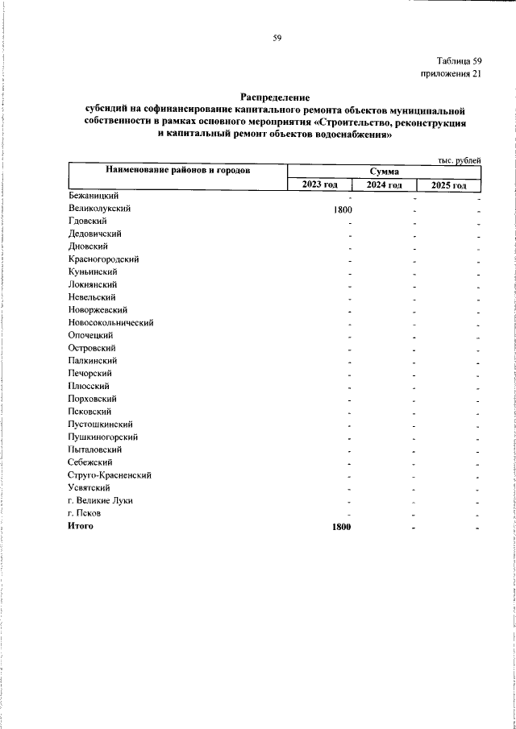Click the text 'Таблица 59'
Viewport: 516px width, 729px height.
[459, 61]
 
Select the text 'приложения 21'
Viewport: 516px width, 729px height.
[451, 74]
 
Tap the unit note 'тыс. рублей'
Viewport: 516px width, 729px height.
[460, 160]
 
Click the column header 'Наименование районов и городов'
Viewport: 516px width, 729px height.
[177, 171]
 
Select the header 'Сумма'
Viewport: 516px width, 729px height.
[385, 172]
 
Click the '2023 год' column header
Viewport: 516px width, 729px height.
[319, 184]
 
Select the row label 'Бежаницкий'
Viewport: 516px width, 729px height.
[94, 196]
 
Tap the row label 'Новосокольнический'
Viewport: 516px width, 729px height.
[111, 322]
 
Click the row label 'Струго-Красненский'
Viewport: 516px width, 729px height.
[110, 475]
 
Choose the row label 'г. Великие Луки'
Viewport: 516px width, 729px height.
[101, 500]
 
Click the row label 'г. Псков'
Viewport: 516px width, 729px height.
[85, 513]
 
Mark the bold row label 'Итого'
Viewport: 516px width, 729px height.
[81, 526]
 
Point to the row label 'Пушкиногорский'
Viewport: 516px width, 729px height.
[103, 437]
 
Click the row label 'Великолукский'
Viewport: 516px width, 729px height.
[100, 208]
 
